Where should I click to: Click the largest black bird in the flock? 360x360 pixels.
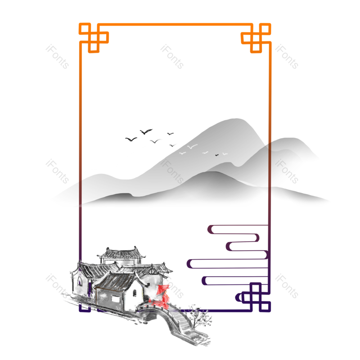click(x=146, y=131)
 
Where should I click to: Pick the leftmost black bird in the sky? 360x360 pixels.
click(x=131, y=139)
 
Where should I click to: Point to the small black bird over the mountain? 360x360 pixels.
click(x=217, y=155)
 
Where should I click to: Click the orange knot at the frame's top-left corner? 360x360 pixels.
click(x=94, y=38)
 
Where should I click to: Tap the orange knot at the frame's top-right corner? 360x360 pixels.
click(x=256, y=38)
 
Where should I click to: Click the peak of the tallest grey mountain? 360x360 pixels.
click(x=237, y=119)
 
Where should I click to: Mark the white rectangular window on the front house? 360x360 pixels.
click(x=116, y=299)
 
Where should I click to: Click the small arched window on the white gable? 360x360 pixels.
click(x=135, y=293)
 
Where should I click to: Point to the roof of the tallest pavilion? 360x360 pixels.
click(x=121, y=253)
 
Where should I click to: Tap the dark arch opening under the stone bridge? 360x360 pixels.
click(x=150, y=316)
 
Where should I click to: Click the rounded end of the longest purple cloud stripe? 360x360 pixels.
click(x=189, y=264)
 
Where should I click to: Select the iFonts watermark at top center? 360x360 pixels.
click(x=172, y=57)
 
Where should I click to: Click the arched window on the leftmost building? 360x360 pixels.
click(x=80, y=281)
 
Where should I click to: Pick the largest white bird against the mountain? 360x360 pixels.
click(x=192, y=146)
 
